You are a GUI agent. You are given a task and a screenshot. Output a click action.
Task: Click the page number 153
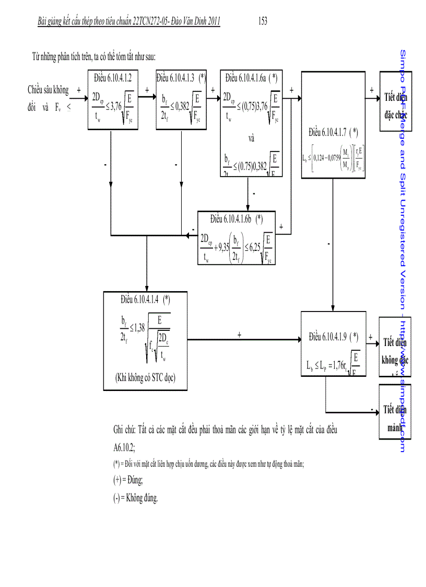263,21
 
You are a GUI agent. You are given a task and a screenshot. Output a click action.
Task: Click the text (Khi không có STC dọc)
146,378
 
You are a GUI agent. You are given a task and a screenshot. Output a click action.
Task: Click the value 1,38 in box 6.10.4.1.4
138,327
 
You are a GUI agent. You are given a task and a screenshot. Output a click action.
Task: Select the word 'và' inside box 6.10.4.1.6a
251,139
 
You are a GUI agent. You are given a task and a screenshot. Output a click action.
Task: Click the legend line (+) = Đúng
128,479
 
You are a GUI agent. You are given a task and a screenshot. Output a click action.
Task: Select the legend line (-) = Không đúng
135,498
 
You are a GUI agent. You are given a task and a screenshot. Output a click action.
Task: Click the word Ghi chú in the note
125,430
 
